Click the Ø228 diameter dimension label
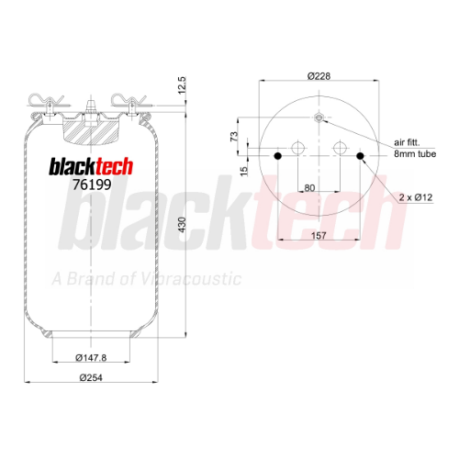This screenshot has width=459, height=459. click(319, 75)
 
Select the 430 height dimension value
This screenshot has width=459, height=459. click(182, 225)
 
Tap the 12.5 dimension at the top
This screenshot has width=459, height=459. click(182, 85)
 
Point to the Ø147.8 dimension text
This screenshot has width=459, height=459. click(91, 357)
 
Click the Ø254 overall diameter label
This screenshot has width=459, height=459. click(91, 377)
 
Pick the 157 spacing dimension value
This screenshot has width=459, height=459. click(319, 235)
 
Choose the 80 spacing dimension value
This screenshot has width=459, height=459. click(309, 188)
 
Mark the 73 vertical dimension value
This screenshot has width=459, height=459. click(234, 136)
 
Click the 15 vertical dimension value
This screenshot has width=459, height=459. click(243, 172)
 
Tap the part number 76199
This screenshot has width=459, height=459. click(92, 185)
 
